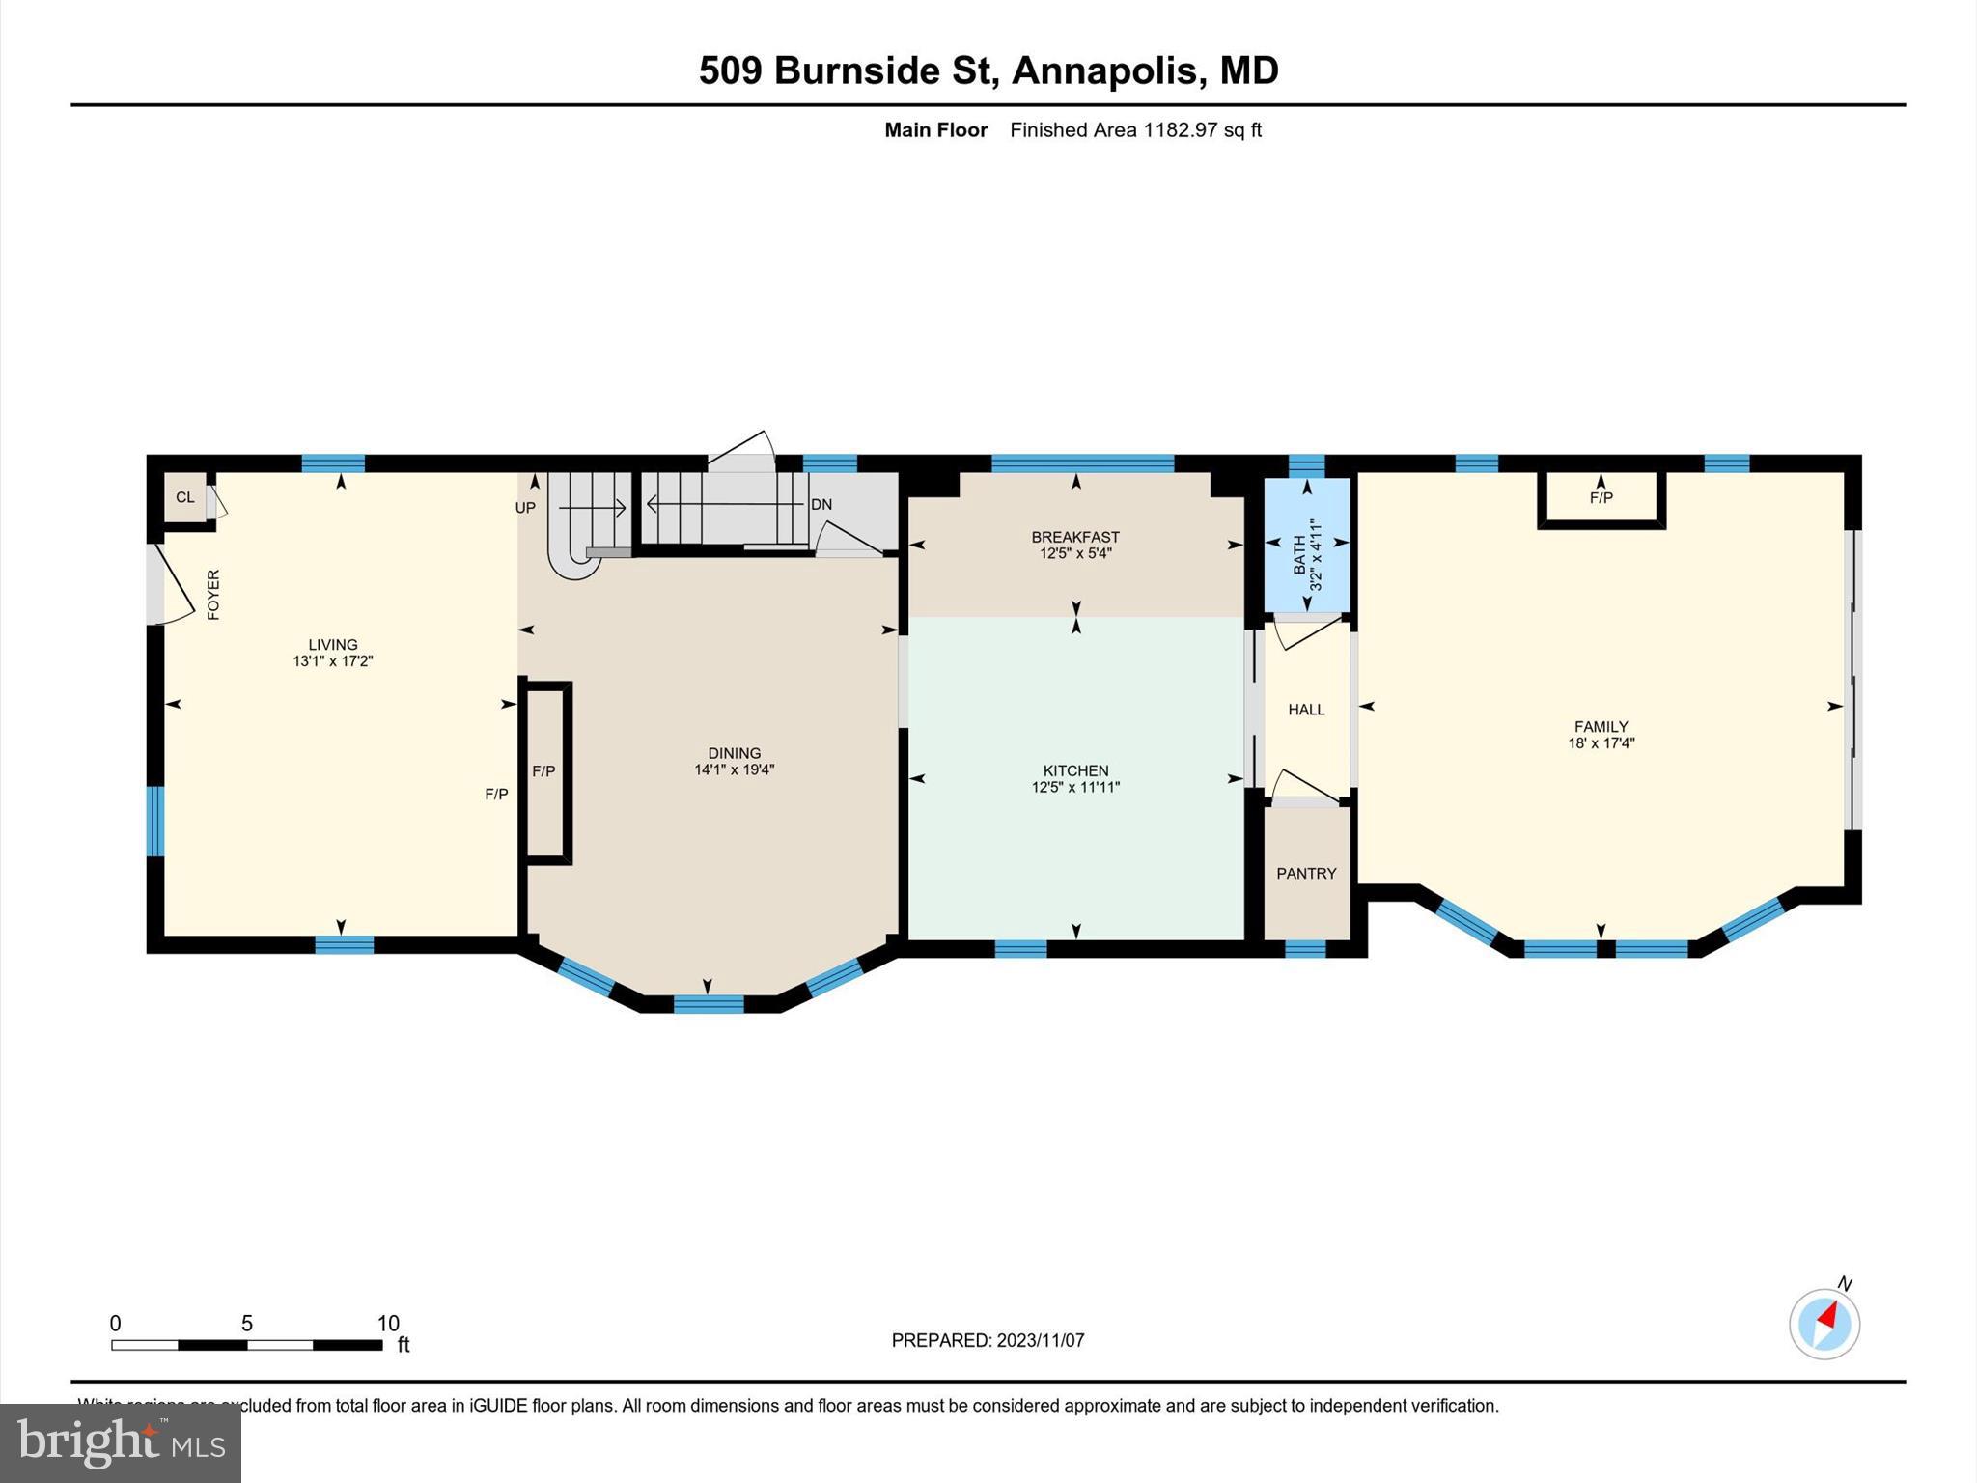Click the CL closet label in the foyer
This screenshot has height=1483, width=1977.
[184, 497]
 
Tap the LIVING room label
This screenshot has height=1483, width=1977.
[333, 644]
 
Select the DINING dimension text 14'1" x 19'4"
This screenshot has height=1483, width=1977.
[734, 769]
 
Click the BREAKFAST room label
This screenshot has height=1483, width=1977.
[1075, 537]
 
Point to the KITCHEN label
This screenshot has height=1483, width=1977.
[1075, 770]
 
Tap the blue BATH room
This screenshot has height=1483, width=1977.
[1307, 546]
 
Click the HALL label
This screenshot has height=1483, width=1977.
[1306, 710]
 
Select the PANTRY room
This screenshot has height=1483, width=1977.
[1306, 873]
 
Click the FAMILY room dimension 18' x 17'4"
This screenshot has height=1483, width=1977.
[1601, 743]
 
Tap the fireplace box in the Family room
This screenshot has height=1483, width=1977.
[1601, 499]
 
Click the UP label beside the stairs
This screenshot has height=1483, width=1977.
[525, 507]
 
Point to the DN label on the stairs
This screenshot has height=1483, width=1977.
[821, 504]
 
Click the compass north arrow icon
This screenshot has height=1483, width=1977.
[1824, 1324]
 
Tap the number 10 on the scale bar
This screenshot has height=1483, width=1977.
[387, 1324]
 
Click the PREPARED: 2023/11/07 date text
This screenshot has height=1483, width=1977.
[988, 1340]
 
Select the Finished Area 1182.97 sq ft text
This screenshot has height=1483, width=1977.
[1135, 130]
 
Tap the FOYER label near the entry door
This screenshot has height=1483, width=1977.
[213, 594]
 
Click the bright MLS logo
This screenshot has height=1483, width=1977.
[120, 1443]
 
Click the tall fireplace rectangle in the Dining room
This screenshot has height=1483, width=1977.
[547, 771]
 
